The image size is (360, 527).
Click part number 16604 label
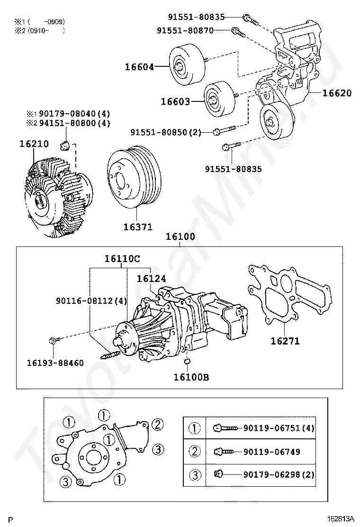[x=139, y=67]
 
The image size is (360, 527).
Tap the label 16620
[x=337, y=93]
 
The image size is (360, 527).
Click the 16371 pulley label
[x=138, y=227]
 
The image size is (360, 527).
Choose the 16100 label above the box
[x=180, y=237]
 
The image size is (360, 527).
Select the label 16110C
[x=122, y=259]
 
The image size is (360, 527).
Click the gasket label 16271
[x=285, y=341]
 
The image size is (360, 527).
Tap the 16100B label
[x=191, y=377]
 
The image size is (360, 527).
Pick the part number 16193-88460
[x=55, y=363]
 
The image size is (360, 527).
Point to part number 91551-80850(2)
[x=166, y=132]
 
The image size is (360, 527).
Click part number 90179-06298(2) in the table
[x=279, y=474]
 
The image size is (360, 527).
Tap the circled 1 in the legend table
[x=195, y=428]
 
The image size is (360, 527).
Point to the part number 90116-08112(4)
[x=91, y=300]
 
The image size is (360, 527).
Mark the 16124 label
[x=152, y=279]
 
